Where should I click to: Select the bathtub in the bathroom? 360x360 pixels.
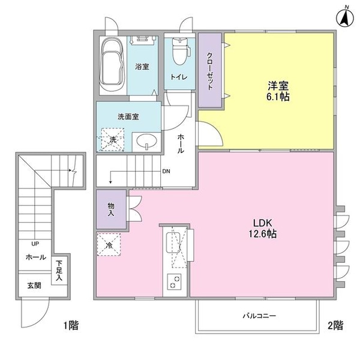point(112,65)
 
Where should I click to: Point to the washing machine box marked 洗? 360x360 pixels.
point(111,139)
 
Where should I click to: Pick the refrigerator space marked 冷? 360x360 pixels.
point(109,245)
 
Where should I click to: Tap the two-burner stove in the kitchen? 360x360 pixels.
point(174,282)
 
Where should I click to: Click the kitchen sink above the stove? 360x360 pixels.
point(173,242)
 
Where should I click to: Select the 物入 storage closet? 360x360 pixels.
point(111,209)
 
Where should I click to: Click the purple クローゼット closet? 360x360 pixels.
point(209,70)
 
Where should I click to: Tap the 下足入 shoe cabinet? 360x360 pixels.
point(59,270)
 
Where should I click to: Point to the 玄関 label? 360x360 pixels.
point(34,286)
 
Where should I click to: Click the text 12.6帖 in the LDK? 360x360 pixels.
point(263,234)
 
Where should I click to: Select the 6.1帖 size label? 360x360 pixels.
point(278,97)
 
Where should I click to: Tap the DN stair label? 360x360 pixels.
point(166,171)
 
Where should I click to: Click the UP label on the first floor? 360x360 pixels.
point(35,244)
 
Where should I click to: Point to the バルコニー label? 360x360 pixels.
point(259,316)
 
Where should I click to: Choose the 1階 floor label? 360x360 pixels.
point(71,326)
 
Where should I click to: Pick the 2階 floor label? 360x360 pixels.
point(335,325)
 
